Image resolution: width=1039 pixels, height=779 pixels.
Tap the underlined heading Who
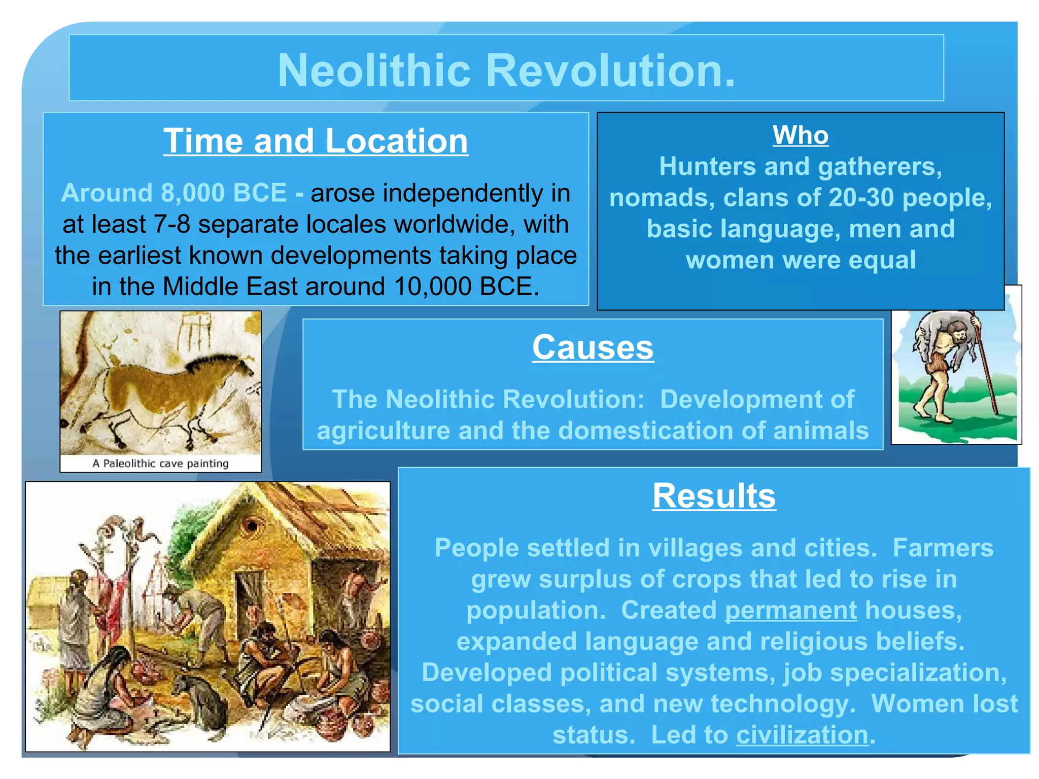click(800, 135)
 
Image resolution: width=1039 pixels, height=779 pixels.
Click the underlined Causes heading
click(593, 347)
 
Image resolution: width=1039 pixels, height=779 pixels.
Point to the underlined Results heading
click(714, 495)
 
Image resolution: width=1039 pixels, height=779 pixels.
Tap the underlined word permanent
click(790, 610)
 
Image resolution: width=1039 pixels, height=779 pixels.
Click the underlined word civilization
click(802, 735)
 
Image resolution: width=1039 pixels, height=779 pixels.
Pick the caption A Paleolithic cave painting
click(160, 464)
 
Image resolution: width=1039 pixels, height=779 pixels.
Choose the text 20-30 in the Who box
click(860, 198)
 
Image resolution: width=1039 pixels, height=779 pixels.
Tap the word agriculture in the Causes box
click(383, 431)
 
